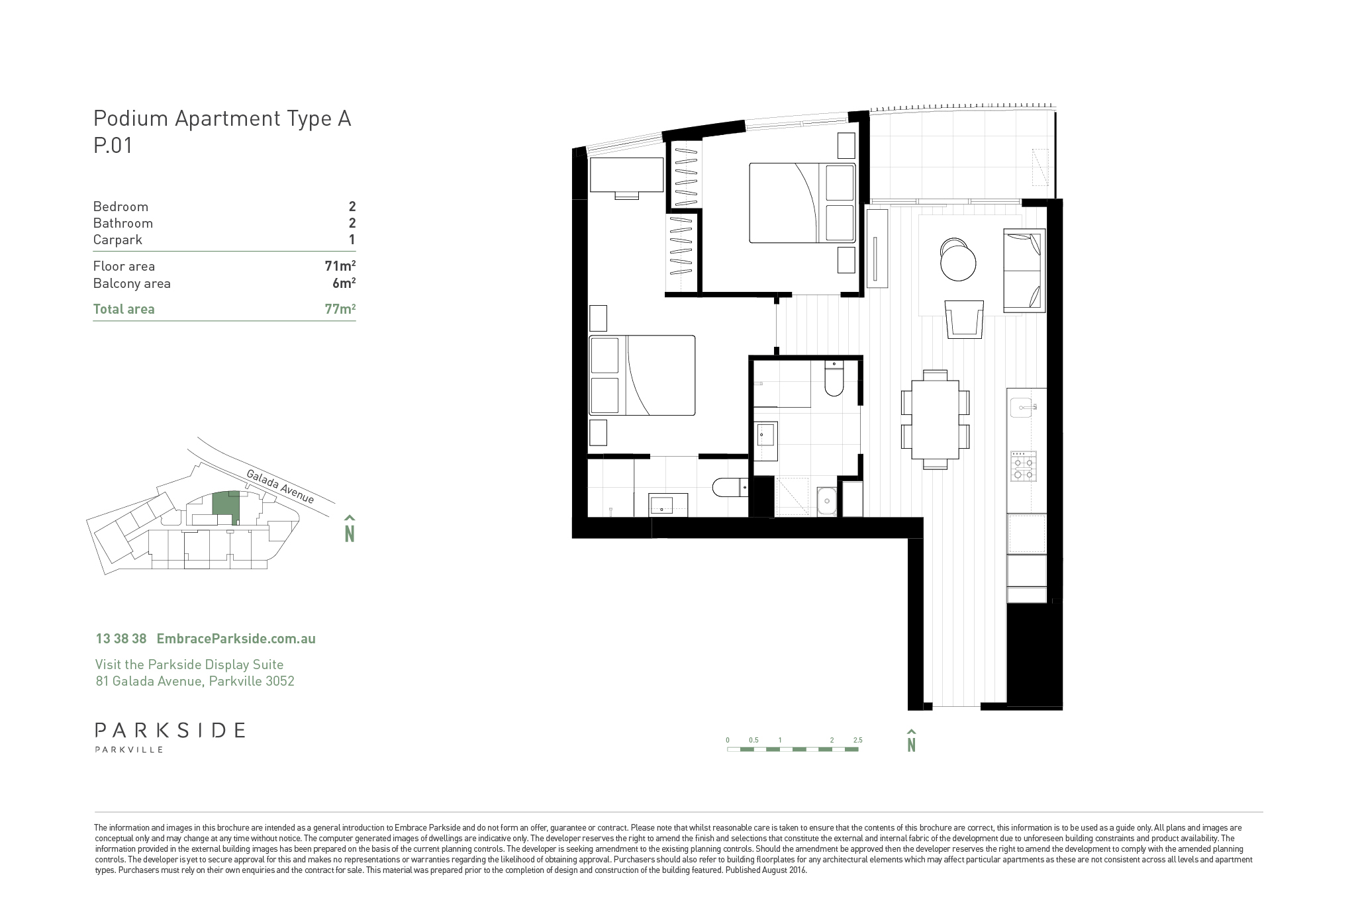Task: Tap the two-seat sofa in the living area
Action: pos(1024,271)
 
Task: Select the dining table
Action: pos(935,420)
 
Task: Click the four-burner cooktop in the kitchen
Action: pos(1023,466)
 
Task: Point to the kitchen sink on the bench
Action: pos(1023,408)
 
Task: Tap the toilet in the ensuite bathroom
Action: pos(730,488)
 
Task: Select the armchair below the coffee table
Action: pos(964,319)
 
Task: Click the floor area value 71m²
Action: pos(340,266)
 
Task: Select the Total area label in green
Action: pos(124,309)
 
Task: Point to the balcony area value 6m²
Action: pos(344,283)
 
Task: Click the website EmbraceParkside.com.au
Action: pos(236,639)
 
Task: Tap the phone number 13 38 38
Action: pos(121,639)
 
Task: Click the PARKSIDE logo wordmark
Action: pos(170,730)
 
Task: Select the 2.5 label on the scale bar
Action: pos(857,740)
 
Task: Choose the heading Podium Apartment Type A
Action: pos(222,118)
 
